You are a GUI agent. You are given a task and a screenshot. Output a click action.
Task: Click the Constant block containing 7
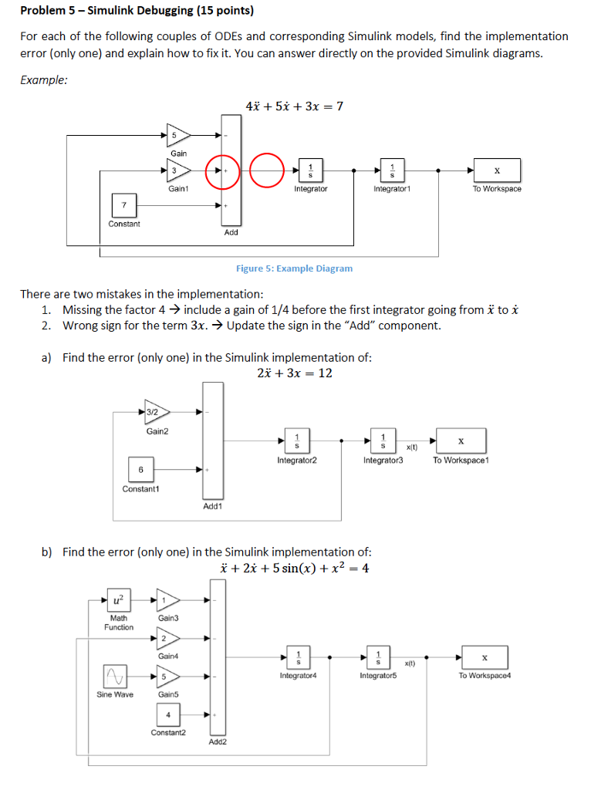[124, 206]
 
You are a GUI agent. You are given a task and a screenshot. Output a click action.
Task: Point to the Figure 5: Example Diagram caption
[294, 268]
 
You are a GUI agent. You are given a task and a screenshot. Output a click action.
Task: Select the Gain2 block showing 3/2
[157, 413]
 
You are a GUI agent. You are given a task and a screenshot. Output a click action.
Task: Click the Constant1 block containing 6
[140, 469]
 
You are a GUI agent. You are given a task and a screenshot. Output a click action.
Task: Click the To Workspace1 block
[461, 441]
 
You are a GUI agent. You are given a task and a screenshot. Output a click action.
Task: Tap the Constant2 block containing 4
[167, 714]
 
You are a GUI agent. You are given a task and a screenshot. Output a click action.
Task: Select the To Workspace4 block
[485, 657]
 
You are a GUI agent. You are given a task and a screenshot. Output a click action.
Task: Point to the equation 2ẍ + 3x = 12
[294, 373]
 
